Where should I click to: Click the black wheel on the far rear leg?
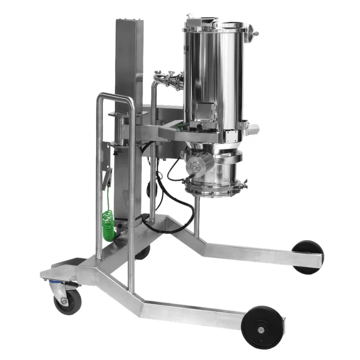click(307, 256)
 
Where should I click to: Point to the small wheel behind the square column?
click(143, 252)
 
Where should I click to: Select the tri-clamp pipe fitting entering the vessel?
click(169, 80)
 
